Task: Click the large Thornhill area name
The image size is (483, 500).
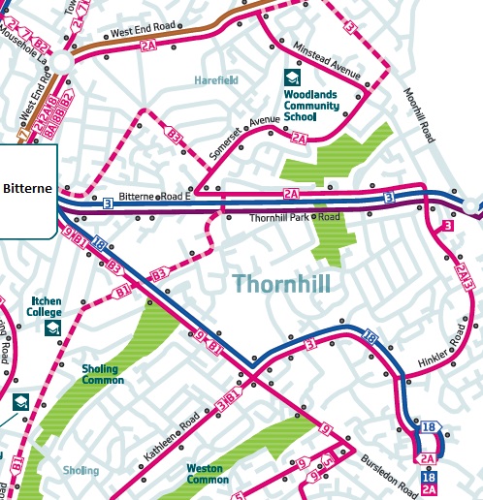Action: [x=282, y=284]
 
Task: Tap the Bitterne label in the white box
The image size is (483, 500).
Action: [x=29, y=187]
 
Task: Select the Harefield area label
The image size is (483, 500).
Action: [x=214, y=79]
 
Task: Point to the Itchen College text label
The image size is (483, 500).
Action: [x=47, y=307]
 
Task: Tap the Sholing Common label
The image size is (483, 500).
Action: [x=103, y=375]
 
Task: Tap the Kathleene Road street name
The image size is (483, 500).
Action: [x=173, y=437]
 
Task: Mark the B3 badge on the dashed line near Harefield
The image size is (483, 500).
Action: [x=176, y=136]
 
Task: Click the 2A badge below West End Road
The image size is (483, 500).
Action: [x=147, y=45]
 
